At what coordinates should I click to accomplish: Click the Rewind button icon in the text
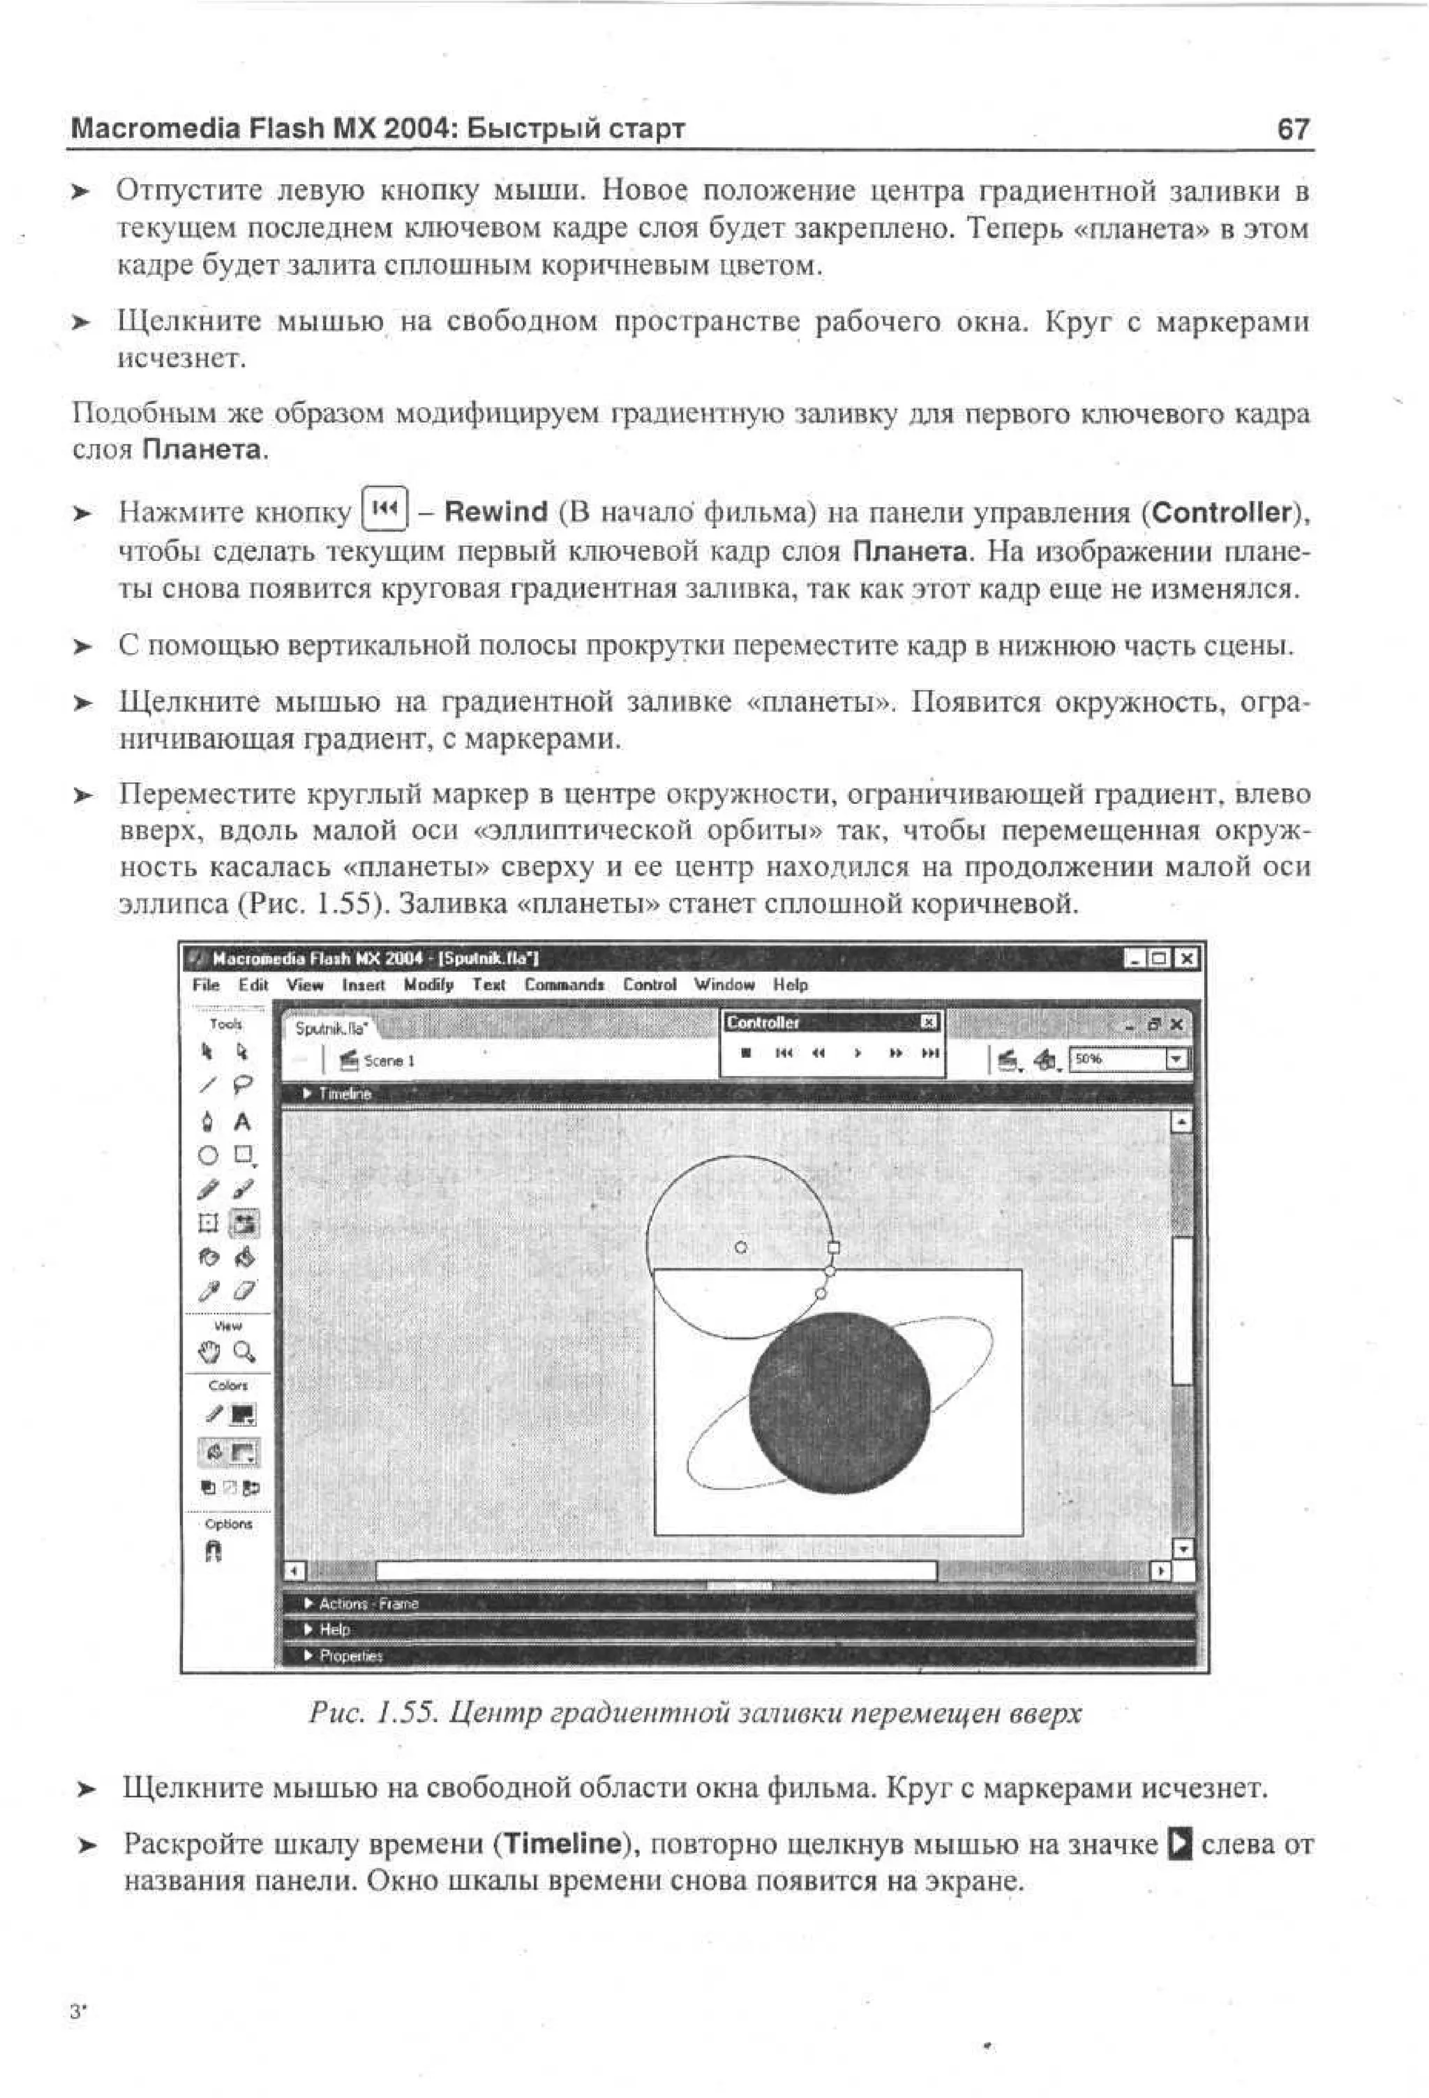(384, 510)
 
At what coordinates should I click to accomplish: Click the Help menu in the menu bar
(790, 985)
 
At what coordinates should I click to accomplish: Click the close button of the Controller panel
(929, 1022)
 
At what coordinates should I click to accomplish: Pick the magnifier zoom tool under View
(244, 1351)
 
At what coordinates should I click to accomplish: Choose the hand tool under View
(209, 1351)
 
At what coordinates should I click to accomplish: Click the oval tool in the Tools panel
(209, 1155)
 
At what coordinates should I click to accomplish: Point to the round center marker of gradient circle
(741, 1247)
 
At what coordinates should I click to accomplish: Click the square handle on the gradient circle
(833, 1247)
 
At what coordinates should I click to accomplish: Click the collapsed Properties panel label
(351, 1656)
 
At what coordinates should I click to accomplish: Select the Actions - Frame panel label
(368, 1603)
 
